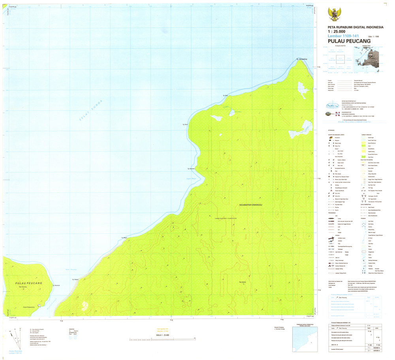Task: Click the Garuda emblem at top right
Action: coord(334,15)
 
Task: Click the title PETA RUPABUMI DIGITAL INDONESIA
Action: coord(355,27)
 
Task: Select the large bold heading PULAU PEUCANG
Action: coord(349,41)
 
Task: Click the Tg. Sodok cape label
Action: coord(226,95)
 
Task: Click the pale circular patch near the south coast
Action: coord(84,305)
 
